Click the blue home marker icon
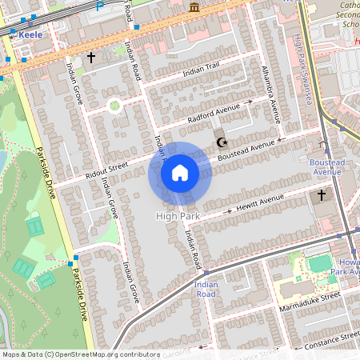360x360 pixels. tap(180, 173)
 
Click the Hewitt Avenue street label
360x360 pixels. tap(262, 200)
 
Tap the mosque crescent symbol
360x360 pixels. tap(221, 142)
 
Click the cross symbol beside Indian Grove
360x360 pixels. tap(91, 58)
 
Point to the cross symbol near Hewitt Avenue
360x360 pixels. tap(322, 194)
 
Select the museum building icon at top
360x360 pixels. tap(194, 7)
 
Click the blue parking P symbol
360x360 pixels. tap(100, 5)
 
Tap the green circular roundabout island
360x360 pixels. tap(114, 104)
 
